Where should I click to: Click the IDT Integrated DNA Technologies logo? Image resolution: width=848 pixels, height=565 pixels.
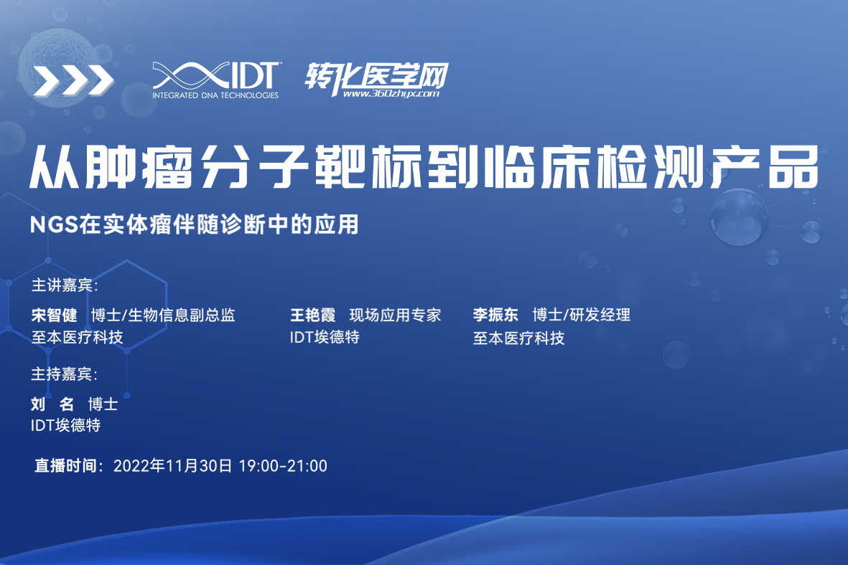coord(216,80)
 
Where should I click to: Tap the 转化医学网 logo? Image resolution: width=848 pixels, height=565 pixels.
coord(376,80)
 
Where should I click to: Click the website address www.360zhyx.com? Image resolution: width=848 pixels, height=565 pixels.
coord(391,94)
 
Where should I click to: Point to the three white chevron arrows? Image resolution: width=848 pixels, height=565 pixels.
coord(73,80)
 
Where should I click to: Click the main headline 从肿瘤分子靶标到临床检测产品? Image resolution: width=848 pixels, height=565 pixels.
coord(424,167)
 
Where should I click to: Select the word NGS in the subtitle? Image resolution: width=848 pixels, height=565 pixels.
coord(54,224)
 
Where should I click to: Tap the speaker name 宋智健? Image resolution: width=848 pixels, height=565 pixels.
coord(54,315)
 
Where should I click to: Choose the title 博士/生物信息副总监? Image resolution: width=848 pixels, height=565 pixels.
coord(163,315)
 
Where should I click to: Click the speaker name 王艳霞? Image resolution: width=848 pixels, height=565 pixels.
coord(312,315)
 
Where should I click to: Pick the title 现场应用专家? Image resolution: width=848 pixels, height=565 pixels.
coord(396,315)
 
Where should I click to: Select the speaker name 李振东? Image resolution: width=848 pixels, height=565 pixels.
coord(495,314)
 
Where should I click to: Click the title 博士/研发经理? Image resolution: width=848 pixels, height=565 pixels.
coord(582,314)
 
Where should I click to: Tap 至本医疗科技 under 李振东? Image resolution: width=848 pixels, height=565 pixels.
coord(518,338)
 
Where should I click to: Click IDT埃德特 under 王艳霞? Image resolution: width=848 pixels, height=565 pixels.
coord(325,337)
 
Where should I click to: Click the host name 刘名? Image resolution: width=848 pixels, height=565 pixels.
coord(52,404)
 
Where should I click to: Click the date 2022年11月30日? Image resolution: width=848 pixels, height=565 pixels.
coord(172,465)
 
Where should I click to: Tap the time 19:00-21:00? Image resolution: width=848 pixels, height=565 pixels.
coord(283,465)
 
